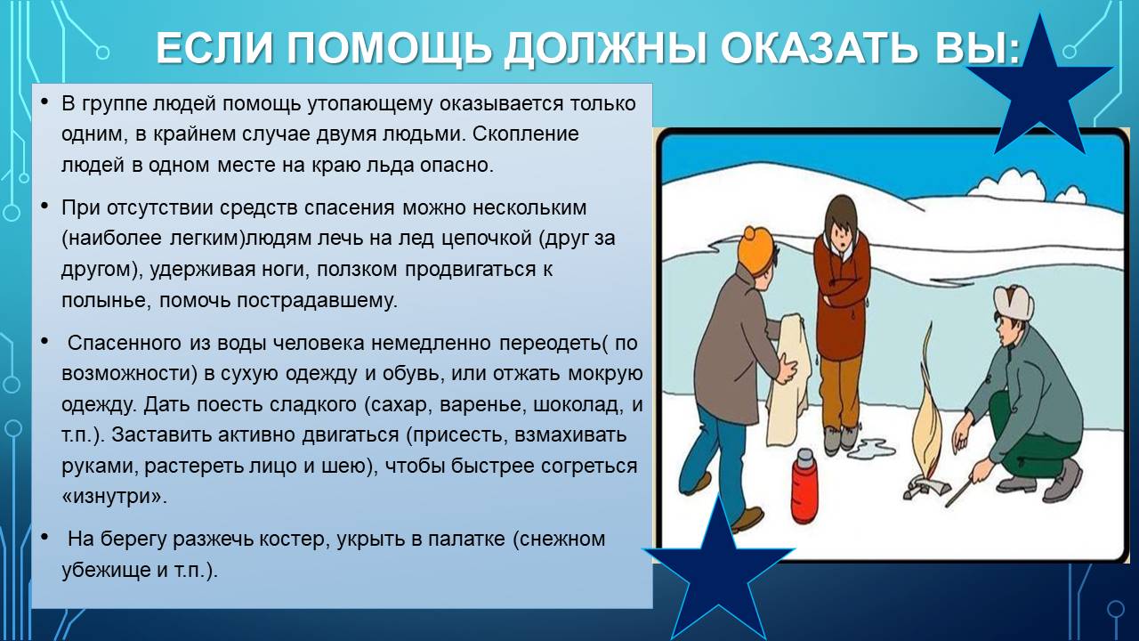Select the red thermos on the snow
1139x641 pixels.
click(805, 486)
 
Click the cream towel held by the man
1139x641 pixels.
click(788, 382)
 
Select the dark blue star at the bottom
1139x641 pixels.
click(718, 570)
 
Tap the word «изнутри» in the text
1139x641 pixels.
click(115, 496)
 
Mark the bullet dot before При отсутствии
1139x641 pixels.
click(44, 206)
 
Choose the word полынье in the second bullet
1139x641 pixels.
click(105, 301)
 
